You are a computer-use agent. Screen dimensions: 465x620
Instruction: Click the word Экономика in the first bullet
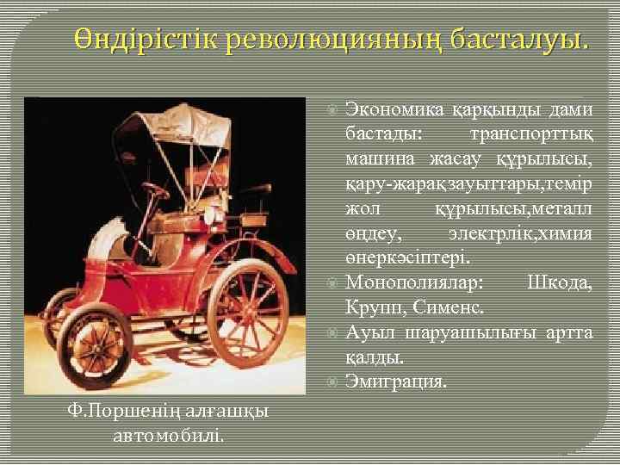point(395,109)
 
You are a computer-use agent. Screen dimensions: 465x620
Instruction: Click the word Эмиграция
point(396,381)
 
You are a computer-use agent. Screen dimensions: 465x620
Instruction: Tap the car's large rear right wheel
point(247,313)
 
